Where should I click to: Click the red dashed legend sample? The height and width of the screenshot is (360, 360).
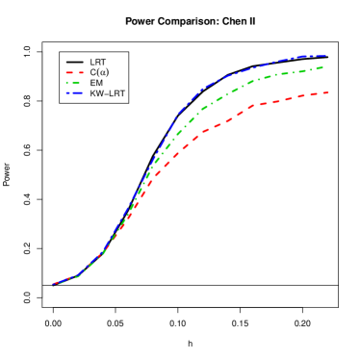pos(74,72)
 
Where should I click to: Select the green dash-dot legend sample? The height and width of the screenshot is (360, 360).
pos(74,83)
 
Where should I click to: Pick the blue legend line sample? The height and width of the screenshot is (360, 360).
pos(74,93)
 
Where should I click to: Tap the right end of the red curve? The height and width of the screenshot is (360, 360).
pos(329,92)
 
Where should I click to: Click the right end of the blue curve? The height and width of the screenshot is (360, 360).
pos(326,56)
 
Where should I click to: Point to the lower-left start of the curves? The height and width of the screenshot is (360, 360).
pos(54,284)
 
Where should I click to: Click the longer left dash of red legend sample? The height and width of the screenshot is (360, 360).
pos(69,72)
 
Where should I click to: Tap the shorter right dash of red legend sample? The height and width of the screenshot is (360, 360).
pos(81,72)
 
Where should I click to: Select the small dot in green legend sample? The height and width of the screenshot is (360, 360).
pos(67,83)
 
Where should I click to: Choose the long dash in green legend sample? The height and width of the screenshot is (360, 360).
pos(76,83)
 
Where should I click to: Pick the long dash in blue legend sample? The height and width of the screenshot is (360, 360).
pos(76,93)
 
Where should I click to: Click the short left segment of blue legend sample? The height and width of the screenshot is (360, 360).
pos(67,93)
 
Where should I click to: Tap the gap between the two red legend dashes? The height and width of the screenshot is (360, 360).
pos(76,72)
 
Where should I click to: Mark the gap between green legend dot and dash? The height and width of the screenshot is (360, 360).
pos(70,83)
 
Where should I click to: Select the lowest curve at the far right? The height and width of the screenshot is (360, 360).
pos(322,93)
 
